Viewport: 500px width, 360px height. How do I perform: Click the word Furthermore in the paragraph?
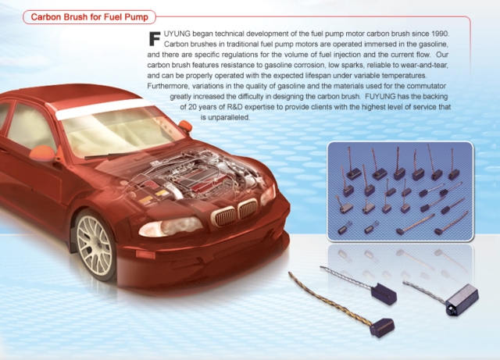(171, 87)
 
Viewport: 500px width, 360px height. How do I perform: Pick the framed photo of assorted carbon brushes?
(399, 191)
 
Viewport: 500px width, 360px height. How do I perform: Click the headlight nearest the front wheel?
(182, 227)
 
